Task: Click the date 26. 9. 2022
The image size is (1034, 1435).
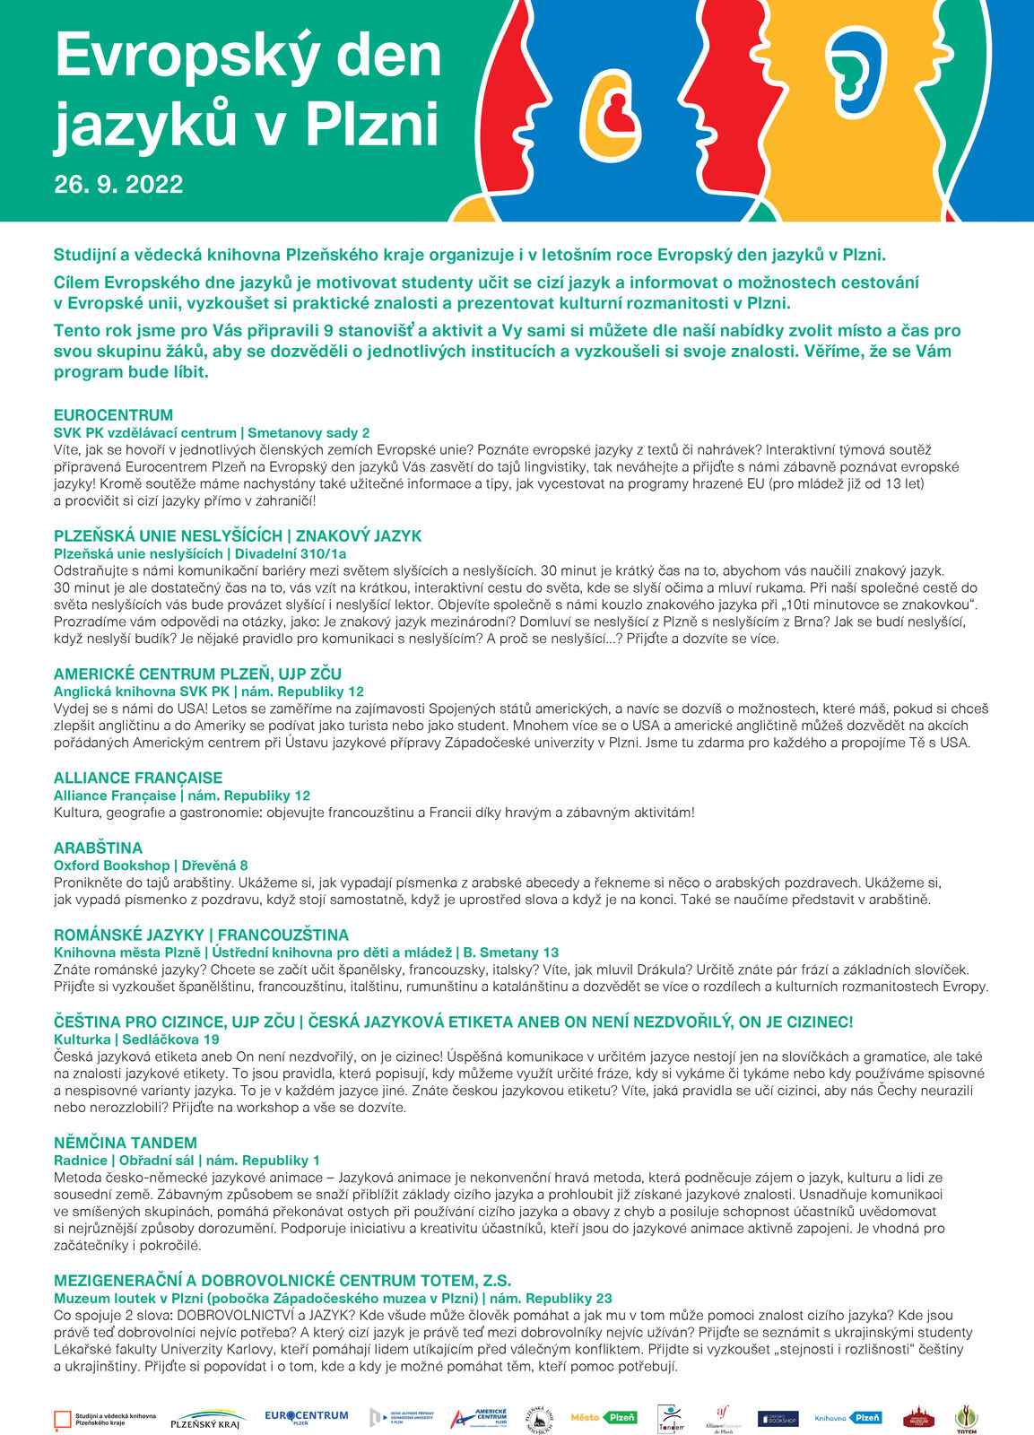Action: (x=118, y=185)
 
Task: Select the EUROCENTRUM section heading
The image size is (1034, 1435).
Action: (x=113, y=415)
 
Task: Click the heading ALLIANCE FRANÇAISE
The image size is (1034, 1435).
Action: (x=138, y=778)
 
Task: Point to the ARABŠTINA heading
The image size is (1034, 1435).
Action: (x=98, y=848)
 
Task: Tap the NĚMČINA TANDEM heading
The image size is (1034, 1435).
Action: (x=126, y=1143)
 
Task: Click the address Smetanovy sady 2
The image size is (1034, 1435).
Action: (x=309, y=432)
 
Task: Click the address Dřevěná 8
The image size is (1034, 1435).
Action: (x=215, y=865)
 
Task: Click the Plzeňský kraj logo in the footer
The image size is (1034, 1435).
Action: (x=205, y=1419)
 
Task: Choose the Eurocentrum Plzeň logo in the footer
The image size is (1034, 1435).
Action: (x=306, y=1417)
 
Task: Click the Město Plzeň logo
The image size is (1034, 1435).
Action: (x=604, y=1418)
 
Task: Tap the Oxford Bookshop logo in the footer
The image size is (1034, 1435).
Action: (x=778, y=1419)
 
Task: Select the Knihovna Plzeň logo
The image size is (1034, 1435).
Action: (x=847, y=1418)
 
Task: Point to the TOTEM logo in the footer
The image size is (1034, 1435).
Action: (x=966, y=1419)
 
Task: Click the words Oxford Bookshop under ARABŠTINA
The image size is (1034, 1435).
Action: (x=112, y=865)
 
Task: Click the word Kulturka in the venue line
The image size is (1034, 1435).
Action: (x=82, y=1039)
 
